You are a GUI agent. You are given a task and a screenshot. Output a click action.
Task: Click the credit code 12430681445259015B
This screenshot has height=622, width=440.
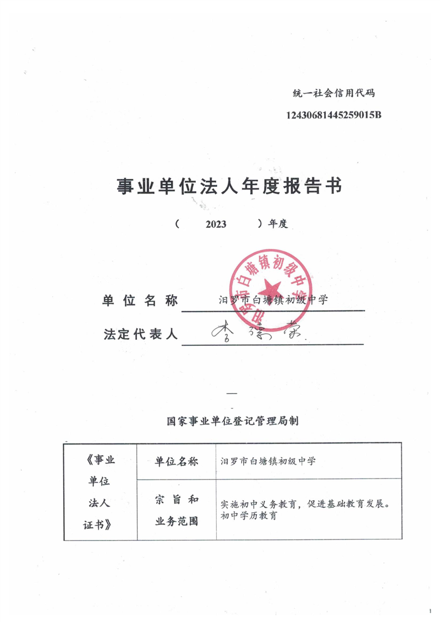[334, 115]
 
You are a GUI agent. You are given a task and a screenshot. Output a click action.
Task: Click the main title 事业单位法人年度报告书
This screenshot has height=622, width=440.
[229, 186]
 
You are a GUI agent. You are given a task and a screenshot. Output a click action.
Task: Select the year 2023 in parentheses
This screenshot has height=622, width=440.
[216, 224]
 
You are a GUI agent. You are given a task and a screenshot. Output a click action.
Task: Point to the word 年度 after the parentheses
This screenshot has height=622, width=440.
[277, 224]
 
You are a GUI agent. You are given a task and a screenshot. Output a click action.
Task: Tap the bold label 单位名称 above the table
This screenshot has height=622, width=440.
[140, 300]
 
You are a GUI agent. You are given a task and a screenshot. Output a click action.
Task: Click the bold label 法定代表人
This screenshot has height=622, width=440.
[140, 334]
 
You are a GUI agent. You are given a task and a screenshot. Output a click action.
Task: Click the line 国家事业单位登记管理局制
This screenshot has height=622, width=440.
[233, 421]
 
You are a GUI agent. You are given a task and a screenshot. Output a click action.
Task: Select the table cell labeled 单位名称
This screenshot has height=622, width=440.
[176, 461]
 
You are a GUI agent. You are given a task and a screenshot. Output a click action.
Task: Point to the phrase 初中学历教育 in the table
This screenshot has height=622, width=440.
[249, 515]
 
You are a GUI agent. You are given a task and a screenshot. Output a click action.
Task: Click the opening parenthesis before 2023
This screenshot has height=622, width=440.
[176, 224]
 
